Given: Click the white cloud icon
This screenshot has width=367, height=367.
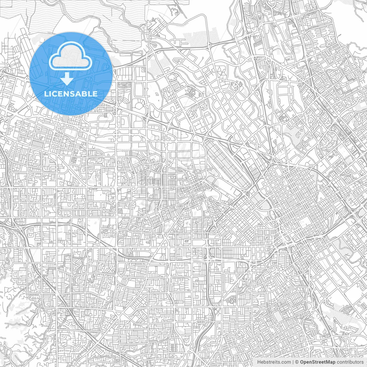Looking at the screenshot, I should point(70,59).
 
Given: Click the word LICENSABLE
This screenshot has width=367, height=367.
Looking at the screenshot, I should point(71,94).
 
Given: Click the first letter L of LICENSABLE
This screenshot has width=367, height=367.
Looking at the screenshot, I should point(46,94).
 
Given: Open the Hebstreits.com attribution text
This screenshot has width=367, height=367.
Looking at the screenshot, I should point(274,362).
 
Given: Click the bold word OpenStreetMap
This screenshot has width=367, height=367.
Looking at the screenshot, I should point(318,362).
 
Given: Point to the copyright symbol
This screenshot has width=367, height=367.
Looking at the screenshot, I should point(297,362).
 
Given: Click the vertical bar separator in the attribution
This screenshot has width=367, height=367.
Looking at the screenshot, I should point(293,362).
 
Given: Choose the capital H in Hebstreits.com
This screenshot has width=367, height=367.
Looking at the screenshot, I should point(259,362).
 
